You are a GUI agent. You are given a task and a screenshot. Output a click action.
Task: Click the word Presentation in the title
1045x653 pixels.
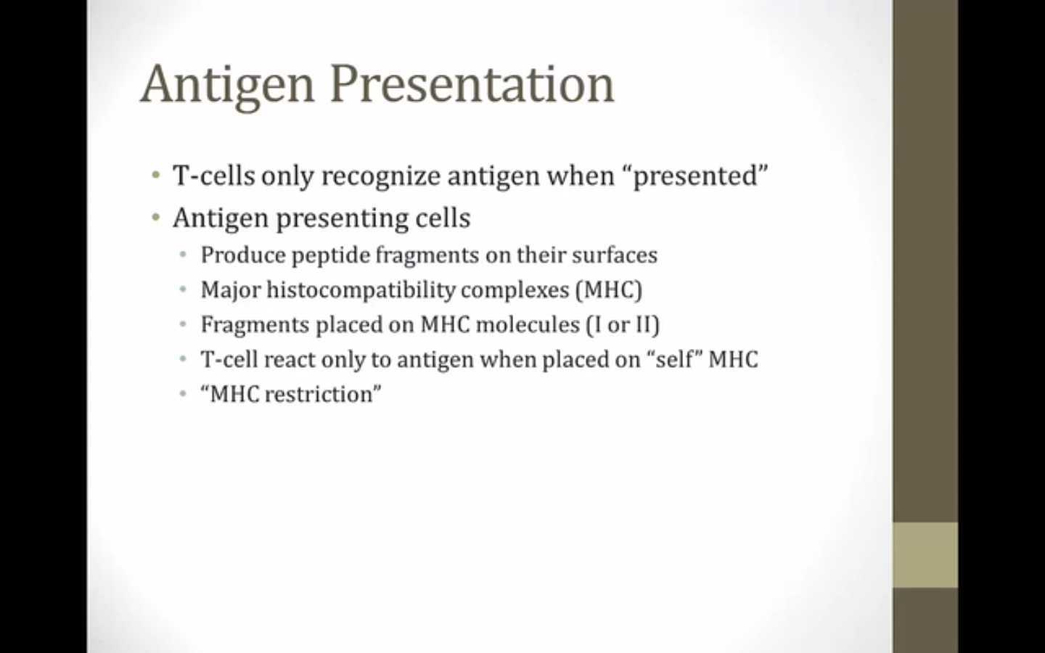click(472, 84)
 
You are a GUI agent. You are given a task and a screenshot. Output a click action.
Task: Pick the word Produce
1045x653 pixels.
click(243, 255)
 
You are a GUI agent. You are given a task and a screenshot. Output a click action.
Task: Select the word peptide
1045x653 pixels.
click(331, 256)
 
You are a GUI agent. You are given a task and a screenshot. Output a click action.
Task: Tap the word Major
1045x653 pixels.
click(231, 290)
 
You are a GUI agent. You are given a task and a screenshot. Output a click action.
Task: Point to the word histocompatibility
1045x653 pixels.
click(361, 290)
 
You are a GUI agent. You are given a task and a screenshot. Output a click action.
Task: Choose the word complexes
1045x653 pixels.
click(515, 290)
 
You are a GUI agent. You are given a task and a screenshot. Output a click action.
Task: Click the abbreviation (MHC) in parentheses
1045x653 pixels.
click(609, 290)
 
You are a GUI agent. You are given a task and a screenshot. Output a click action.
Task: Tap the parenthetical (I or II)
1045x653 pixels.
click(623, 325)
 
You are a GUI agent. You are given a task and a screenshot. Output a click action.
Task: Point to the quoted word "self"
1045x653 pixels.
click(675, 359)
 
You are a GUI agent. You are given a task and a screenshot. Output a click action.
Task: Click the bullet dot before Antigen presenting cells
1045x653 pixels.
click(156, 218)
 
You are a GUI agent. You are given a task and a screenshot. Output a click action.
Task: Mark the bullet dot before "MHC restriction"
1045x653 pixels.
click(183, 395)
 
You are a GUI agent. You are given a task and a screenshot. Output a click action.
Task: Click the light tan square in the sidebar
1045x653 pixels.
click(925, 555)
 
